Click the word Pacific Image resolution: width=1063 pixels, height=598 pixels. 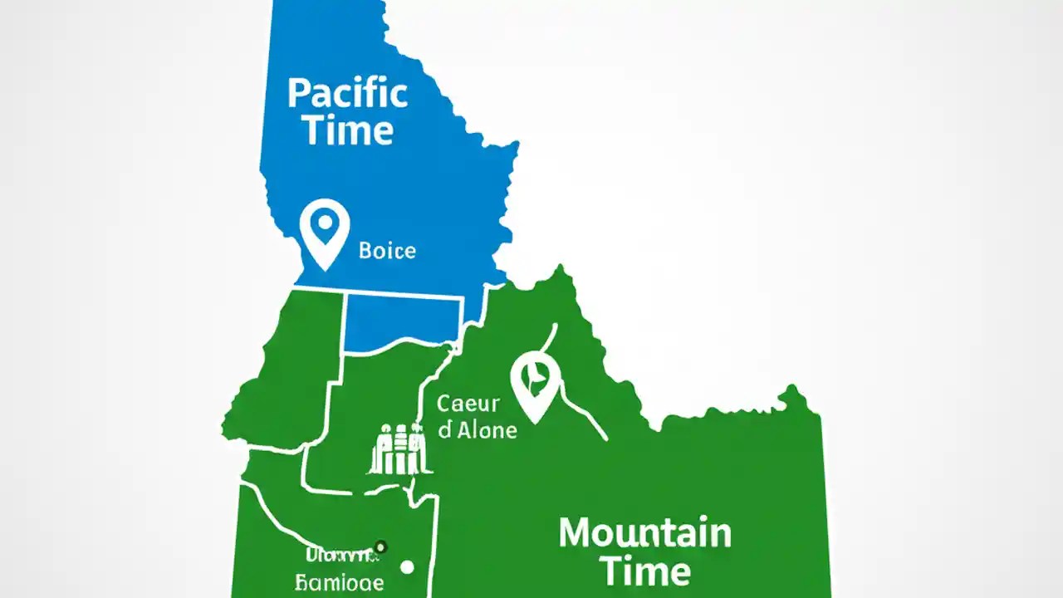click(347, 94)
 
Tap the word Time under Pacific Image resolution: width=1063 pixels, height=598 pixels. click(347, 130)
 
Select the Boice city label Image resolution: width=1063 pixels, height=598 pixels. click(387, 250)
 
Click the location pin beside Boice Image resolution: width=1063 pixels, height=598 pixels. click(324, 233)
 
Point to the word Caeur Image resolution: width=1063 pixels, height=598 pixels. click(468, 404)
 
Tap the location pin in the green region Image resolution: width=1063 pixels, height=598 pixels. click(536, 384)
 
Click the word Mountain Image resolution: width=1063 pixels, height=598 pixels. click(644, 533)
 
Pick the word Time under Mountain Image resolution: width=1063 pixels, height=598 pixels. click(644, 571)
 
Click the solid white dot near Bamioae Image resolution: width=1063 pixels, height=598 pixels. click(407, 567)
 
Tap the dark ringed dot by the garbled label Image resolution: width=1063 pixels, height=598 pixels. click(380, 547)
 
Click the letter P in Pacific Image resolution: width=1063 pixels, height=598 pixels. click(298, 94)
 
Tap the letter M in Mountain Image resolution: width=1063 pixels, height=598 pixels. click(577, 533)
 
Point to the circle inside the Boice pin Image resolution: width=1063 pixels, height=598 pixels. click(324, 223)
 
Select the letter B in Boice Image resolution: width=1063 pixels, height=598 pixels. click(365, 250)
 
